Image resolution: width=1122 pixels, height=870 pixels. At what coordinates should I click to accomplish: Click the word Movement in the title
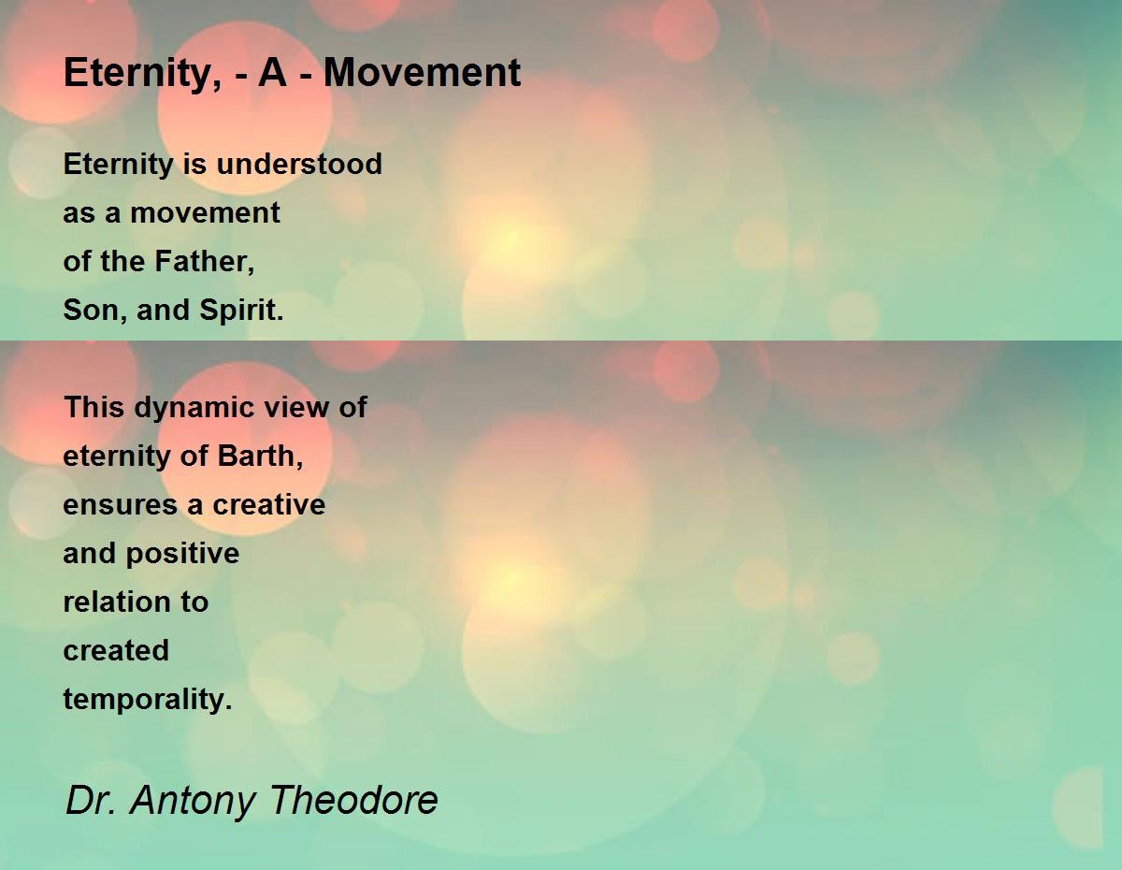point(422,72)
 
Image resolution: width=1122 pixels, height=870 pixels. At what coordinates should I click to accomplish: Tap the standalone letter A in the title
point(272,72)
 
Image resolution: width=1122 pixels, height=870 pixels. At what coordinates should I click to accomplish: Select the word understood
point(299,164)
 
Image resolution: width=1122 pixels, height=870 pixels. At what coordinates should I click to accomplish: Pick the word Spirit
point(241,310)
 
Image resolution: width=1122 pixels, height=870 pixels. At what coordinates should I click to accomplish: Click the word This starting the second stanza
point(94,407)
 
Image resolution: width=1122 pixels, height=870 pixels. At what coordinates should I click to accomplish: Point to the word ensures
point(121,505)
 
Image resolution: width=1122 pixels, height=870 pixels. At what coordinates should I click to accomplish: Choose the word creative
point(269,504)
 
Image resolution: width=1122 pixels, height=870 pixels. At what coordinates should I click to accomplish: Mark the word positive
point(182,554)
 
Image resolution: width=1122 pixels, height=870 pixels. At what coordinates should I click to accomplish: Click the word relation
point(117,602)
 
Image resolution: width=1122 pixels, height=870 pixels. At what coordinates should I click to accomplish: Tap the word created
point(116,650)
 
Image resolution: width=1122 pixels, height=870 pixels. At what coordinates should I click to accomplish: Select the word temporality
point(148,700)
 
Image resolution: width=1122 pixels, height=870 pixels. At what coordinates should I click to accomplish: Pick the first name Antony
point(193,802)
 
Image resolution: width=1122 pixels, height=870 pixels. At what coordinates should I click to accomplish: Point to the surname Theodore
point(353,800)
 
